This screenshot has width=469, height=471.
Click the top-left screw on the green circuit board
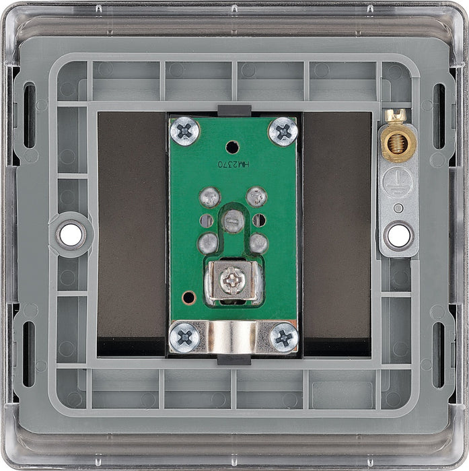(x=184, y=131)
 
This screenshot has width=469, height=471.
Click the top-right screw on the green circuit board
(x=283, y=132)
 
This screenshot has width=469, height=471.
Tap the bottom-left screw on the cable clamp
(x=184, y=337)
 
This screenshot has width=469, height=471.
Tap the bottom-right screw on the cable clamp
(x=284, y=338)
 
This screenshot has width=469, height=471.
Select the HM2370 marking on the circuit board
(x=233, y=164)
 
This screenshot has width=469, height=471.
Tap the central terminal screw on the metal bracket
(x=231, y=281)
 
